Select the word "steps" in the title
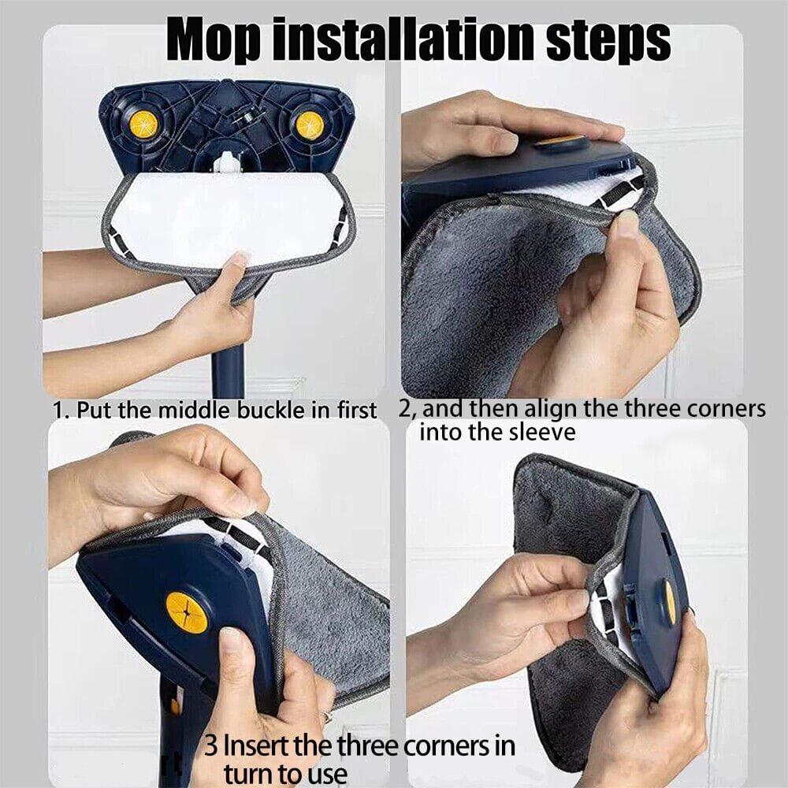pos(608,40)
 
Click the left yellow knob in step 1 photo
pos(143,125)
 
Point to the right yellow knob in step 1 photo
pos(310,125)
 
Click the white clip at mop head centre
pos(225,162)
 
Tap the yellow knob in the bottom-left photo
pos(187,612)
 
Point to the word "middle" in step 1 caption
pos(195,410)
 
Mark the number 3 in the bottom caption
pos(211,745)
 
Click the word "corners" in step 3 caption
pos(444,746)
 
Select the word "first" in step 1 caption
pos(356,410)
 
